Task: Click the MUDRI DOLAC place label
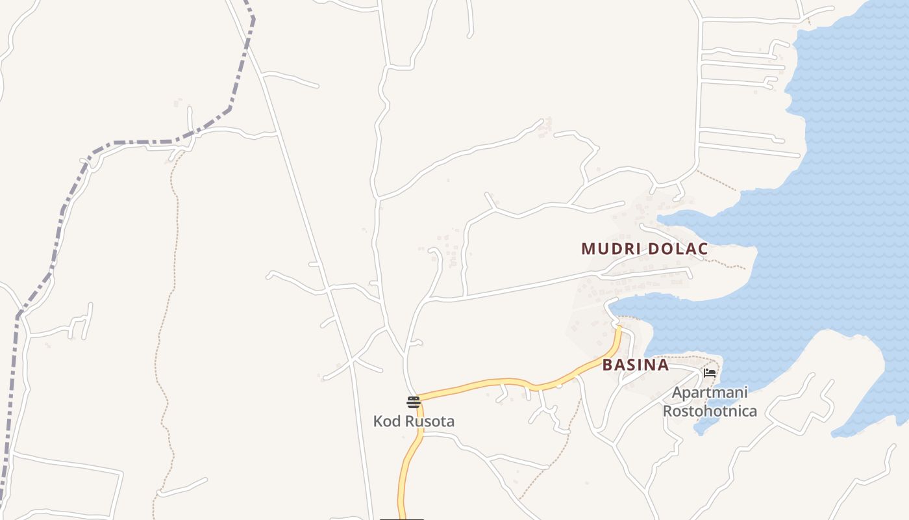(644, 249)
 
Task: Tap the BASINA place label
(635, 365)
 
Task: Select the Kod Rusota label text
(414, 421)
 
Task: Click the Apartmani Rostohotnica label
(710, 402)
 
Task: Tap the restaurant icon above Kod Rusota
(414, 402)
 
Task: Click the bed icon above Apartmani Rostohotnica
(709, 373)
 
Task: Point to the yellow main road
(493, 383)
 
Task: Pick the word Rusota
(429, 421)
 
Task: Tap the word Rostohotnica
(710, 411)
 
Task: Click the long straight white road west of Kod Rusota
(305, 221)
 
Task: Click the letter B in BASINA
(607, 365)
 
